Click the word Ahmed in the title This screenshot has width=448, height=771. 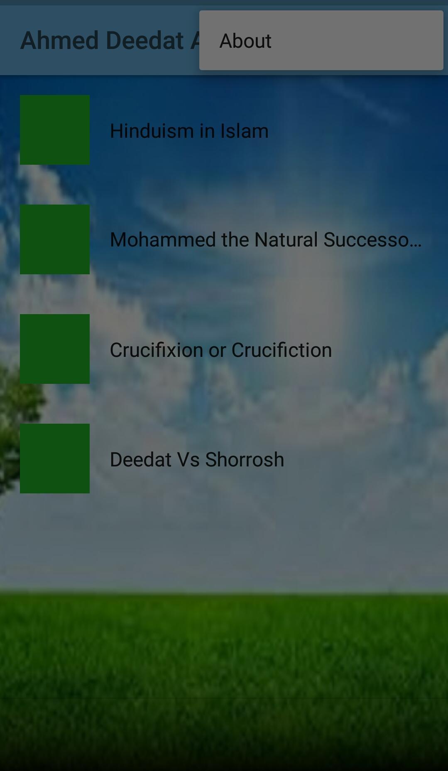pos(59,40)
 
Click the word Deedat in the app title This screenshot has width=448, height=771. pos(144,40)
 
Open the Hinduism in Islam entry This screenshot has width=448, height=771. pos(189,131)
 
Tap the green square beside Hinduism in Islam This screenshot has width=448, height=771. pos(55,130)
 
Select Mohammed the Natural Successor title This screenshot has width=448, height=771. pos(266,239)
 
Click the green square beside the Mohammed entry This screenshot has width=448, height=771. pos(55,239)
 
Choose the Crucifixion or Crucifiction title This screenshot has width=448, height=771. pos(221,350)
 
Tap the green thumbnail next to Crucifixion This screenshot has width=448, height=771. pos(55,349)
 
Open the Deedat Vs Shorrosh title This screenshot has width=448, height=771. pos(197,459)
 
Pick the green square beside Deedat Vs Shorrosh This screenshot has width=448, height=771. pos(55,459)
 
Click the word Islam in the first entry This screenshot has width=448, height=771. pos(244,131)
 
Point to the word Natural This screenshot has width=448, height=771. pos(286,239)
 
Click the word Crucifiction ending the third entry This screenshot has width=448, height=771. pos(282,350)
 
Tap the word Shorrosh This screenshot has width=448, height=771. pos(245,459)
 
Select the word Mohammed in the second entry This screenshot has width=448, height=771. pos(163,239)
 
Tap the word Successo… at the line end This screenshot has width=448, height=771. pos(372,239)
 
